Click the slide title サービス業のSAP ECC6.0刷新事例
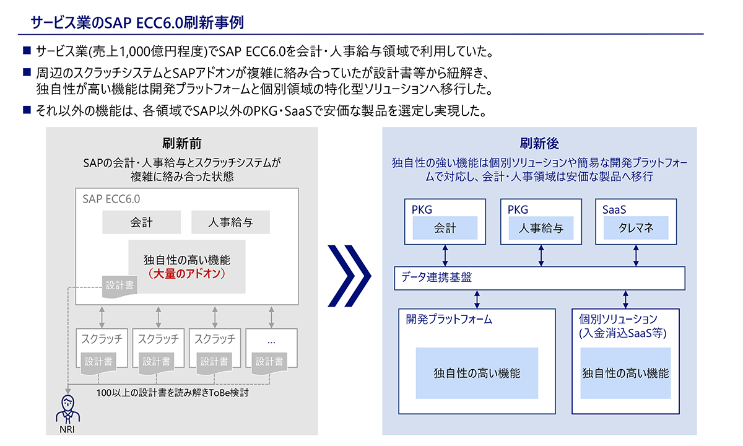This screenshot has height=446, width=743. (137, 22)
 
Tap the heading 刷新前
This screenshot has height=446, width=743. (182, 144)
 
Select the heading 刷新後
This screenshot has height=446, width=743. (539, 144)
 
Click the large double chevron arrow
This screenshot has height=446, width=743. (349, 276)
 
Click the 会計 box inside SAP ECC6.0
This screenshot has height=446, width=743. (141, 222)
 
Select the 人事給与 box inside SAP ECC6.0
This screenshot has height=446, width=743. (230, 222)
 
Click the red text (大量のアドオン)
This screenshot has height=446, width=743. (187, 274)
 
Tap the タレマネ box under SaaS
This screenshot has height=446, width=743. (635, 228)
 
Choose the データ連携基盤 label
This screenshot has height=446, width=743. (437, 277)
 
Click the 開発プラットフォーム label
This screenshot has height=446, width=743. (449, 319)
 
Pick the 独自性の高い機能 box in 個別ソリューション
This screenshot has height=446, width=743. (625, 373)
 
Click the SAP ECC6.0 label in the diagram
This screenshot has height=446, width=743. (111, 199)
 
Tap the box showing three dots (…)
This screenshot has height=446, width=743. (271, 348)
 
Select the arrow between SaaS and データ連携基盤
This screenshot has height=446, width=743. (636, 255)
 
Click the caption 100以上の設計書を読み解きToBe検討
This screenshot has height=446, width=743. (172, 393)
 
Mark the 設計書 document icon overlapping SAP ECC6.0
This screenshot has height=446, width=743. (119, 286)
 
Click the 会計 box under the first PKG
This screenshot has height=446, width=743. (445, 228)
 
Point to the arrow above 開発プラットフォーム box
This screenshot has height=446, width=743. (477, 299)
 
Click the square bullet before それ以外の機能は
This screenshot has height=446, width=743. (27, 110)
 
